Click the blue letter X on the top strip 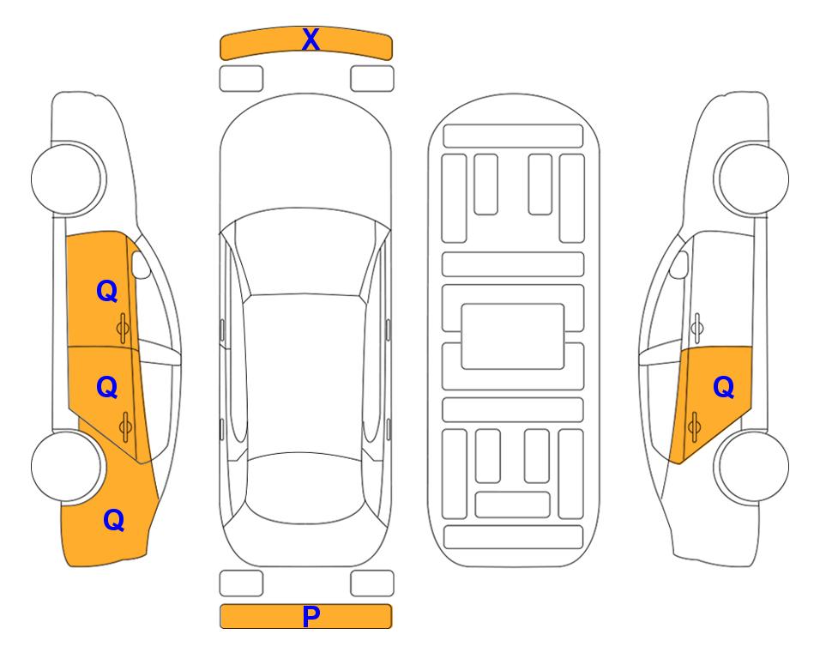click(311, 39)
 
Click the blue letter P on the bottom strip click(311, 616)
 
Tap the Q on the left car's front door click(107, 291)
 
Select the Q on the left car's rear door click(107, 388)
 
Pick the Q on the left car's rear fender click(114, 520)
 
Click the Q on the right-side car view click(723, 388)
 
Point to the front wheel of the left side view click(67, 178)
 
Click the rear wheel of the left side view click(67, 467)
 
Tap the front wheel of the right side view click(752, 178)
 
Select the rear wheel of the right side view click(752, 467)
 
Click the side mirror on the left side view click(140, 264)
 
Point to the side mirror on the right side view click(679, 264)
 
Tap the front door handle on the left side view click(124, 329)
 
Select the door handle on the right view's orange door click(694, 426)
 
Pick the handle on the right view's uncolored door click(697, 328)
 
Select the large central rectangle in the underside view click(513, 336)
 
